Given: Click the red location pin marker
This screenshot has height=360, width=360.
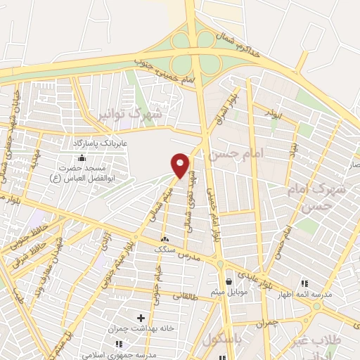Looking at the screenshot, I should (x=181, y=165).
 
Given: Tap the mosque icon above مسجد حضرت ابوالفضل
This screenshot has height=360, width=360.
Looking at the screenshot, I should (x=82, y=157).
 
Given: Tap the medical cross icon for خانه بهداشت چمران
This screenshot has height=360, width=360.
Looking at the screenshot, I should (x=141, y=318).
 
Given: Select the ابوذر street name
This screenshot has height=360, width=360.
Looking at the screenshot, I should (x=274, y=112).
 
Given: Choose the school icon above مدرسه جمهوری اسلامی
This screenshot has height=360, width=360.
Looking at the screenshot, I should (x=117, y=344).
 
